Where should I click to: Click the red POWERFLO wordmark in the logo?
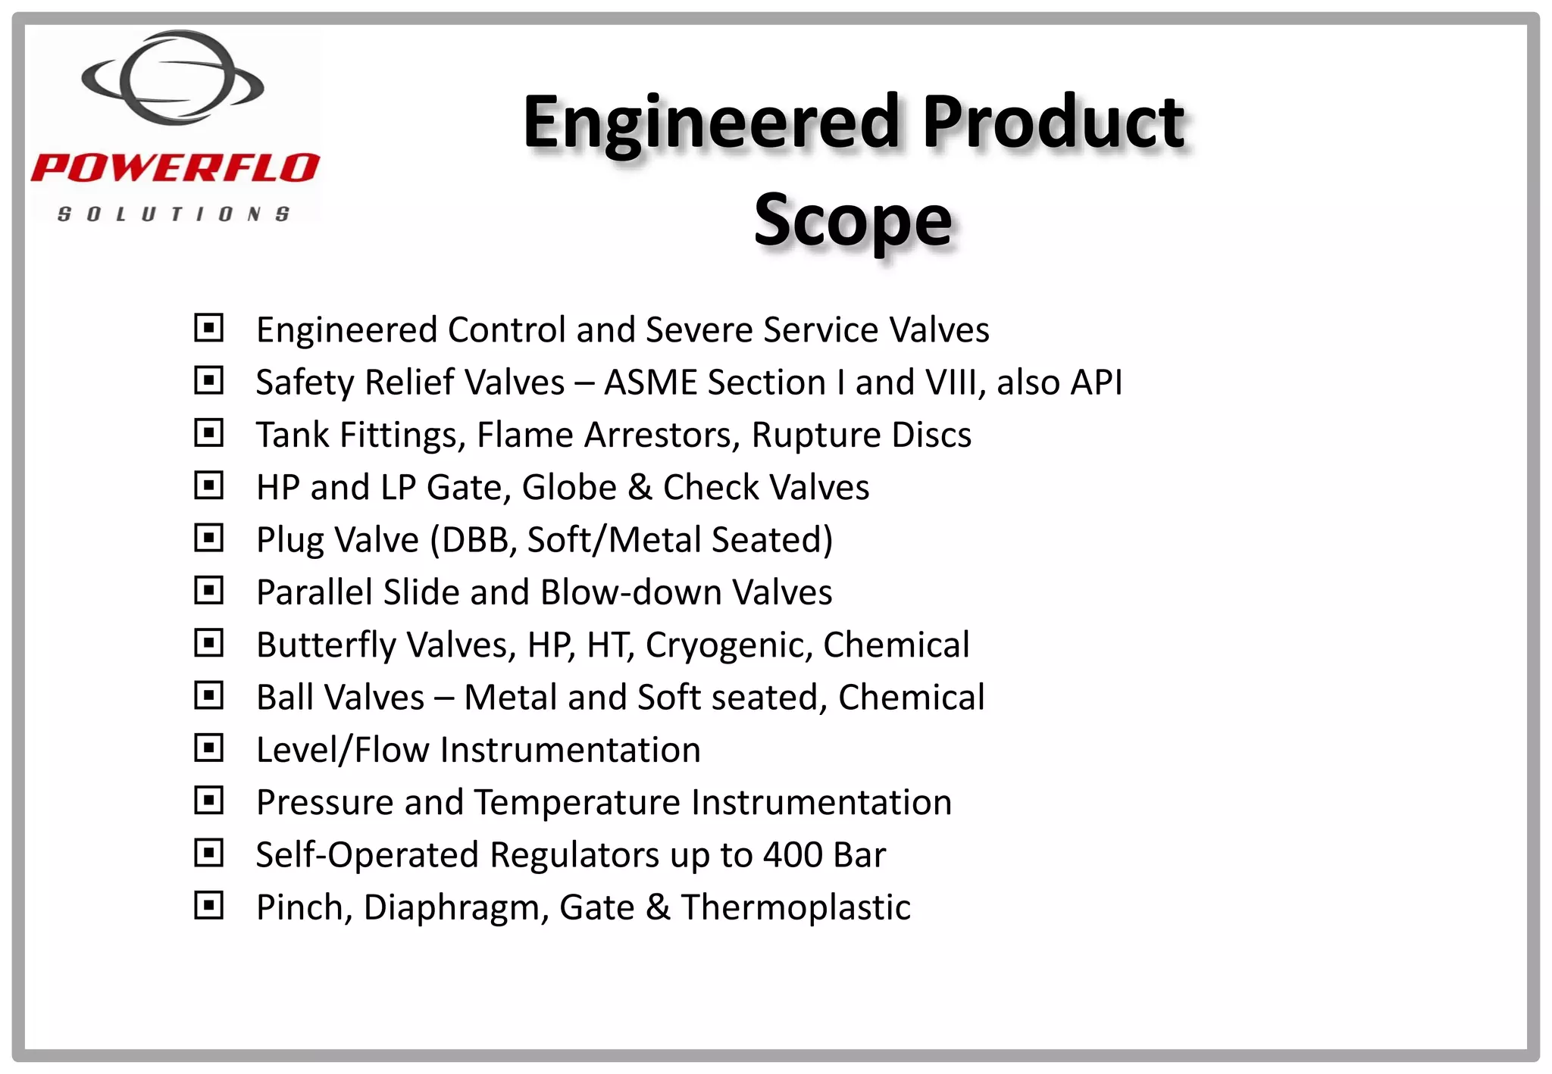tap(175, 167)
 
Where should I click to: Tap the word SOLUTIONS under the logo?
tap(174, 214)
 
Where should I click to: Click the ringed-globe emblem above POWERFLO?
tap(173, 77)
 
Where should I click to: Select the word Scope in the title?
tap(853, 220)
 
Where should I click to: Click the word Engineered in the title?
tap(711, 123)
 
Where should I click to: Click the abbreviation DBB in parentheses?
tap(475, 540)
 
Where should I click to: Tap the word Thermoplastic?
tap(795, 907)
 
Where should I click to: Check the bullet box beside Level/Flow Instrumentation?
tap(208, 748)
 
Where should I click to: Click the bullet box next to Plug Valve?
tap(208, 538)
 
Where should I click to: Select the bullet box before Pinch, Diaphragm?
tap(208, 906)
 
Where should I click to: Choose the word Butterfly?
tap(326, 645)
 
